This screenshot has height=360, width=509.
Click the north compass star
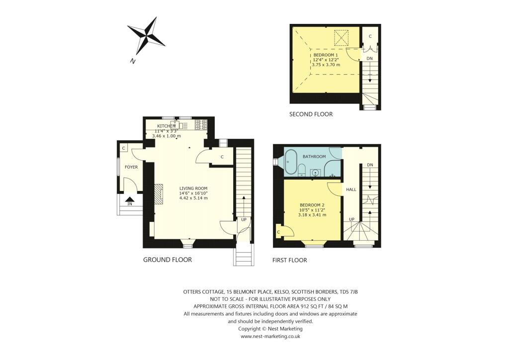pos(146,35)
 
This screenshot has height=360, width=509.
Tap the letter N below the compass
pos(133,61)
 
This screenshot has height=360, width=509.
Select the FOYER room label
pos(131,167)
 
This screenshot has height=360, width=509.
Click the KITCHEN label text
pos(167,126)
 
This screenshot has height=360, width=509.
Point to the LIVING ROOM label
pos(193,188)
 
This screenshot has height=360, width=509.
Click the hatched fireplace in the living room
pos(159,194)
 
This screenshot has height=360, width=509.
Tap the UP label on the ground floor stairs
pos(244,219)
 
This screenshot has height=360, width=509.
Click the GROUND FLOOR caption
pos(168,260)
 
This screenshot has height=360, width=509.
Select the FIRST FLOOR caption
pos(290,260)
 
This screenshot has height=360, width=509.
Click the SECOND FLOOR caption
pos(311,114)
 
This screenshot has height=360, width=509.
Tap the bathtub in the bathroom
pos(291,162)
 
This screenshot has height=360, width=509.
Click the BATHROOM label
pos(314,157)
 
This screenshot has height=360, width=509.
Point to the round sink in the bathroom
pos(315,173)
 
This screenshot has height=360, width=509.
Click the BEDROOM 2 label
pos(312,205)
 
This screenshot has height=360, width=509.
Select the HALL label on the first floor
pos(351,189)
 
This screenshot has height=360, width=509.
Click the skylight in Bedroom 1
pos(342,38)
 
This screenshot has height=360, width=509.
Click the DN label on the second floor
pos(369,59)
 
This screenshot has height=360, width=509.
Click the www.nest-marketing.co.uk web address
pos(270,336)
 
